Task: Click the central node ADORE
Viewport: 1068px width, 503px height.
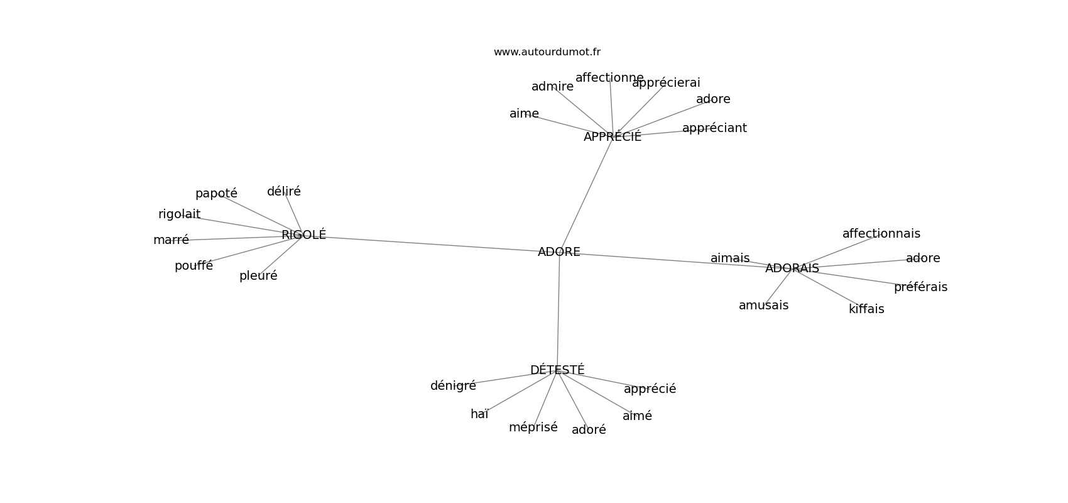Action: point(559,252)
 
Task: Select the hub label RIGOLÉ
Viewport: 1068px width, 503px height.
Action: point(303,235)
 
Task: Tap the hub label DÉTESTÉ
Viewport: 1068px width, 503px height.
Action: point(557,370)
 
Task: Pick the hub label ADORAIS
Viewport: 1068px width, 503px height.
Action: point(792,268)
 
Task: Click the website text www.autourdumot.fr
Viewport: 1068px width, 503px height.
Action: point(547,52)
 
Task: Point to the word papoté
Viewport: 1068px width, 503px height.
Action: point(216,194)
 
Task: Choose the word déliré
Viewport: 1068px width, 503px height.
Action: point(283,192)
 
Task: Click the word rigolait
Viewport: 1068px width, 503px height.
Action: point(179,214)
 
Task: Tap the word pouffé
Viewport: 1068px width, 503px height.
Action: point(193,266)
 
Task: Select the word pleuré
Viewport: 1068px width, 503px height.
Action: point(258,276)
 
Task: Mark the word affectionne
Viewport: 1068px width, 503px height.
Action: point(609,78)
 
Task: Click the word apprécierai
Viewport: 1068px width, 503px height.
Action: point(665,83)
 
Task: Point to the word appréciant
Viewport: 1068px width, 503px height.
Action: point(714,128)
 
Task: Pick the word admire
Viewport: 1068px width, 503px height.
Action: point(552,87)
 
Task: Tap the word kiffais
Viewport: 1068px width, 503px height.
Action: point(866,309)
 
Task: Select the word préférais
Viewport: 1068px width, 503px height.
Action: point(920,287)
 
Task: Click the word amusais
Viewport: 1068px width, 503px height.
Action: point(763,306)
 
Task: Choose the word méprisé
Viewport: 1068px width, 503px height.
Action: point(533,428)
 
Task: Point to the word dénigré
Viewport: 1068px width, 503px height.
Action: point(452,386)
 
